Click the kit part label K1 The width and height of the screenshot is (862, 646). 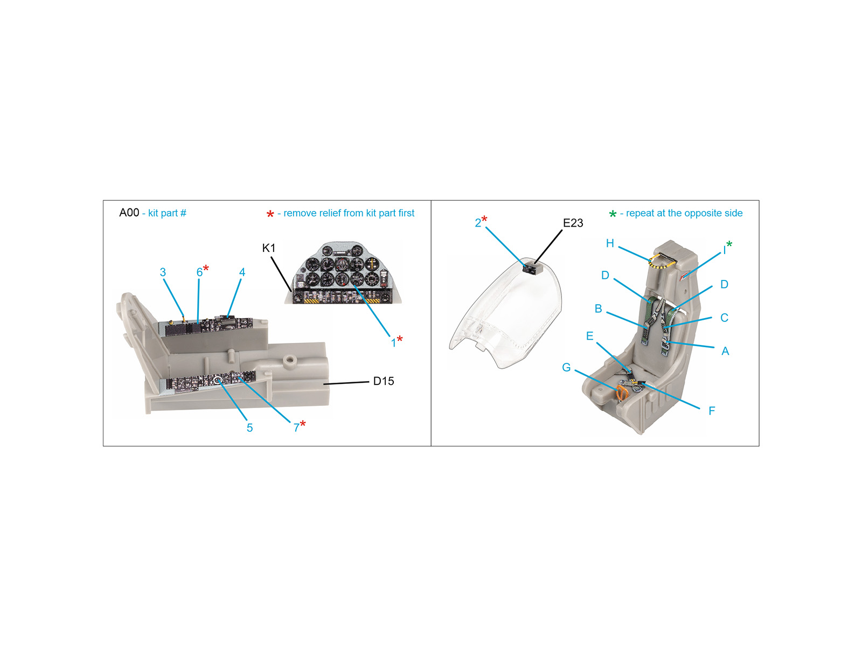269,248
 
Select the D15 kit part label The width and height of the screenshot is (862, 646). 383,381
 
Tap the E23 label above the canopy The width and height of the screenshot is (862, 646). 573,223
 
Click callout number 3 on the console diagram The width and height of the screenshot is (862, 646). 163,272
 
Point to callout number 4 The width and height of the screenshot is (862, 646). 242,272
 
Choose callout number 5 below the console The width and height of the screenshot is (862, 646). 250,427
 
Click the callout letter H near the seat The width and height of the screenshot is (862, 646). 610,243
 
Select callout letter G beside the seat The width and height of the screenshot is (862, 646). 566,367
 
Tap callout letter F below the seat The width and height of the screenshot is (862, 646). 712,411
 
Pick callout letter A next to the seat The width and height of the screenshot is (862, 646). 725,351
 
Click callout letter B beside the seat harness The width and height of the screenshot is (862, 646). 599,308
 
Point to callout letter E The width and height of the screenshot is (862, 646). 589,336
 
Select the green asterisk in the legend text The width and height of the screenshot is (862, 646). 613,214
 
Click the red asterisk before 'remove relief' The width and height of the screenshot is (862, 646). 270,214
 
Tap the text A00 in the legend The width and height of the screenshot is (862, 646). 129,213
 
